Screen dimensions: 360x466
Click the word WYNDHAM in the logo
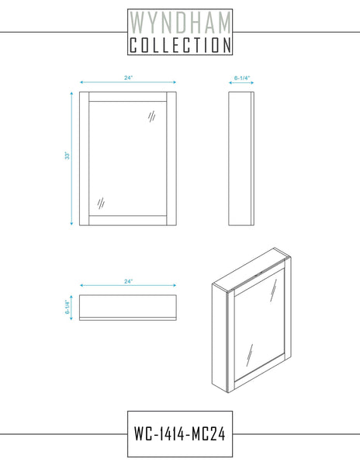pos(180,23)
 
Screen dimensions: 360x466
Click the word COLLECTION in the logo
pos(180,45)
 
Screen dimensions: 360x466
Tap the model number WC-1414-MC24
pos(179,433)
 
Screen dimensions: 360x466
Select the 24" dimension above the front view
pos(128,78)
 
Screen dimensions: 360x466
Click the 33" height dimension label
pos(67,156)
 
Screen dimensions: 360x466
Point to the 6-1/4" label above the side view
pos(242,78)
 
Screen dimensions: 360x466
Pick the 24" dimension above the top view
pos(128,281)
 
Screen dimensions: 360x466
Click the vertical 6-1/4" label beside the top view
pos(67,307)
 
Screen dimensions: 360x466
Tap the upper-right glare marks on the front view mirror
pos(151,116)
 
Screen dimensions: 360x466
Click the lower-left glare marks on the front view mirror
pos(101,203)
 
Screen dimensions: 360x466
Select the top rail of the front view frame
pos(127,97)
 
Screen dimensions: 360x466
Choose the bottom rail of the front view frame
pos(127,221)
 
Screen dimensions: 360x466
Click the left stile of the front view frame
pos(85,158)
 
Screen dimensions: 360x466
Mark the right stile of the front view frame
pos(171,158)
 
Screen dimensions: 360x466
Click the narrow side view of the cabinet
pos(241,158)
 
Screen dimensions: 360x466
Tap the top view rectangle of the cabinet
pos(128,308)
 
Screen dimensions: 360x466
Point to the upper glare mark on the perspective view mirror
pos(273,290)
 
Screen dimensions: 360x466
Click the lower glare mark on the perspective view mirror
pos(250,356)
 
